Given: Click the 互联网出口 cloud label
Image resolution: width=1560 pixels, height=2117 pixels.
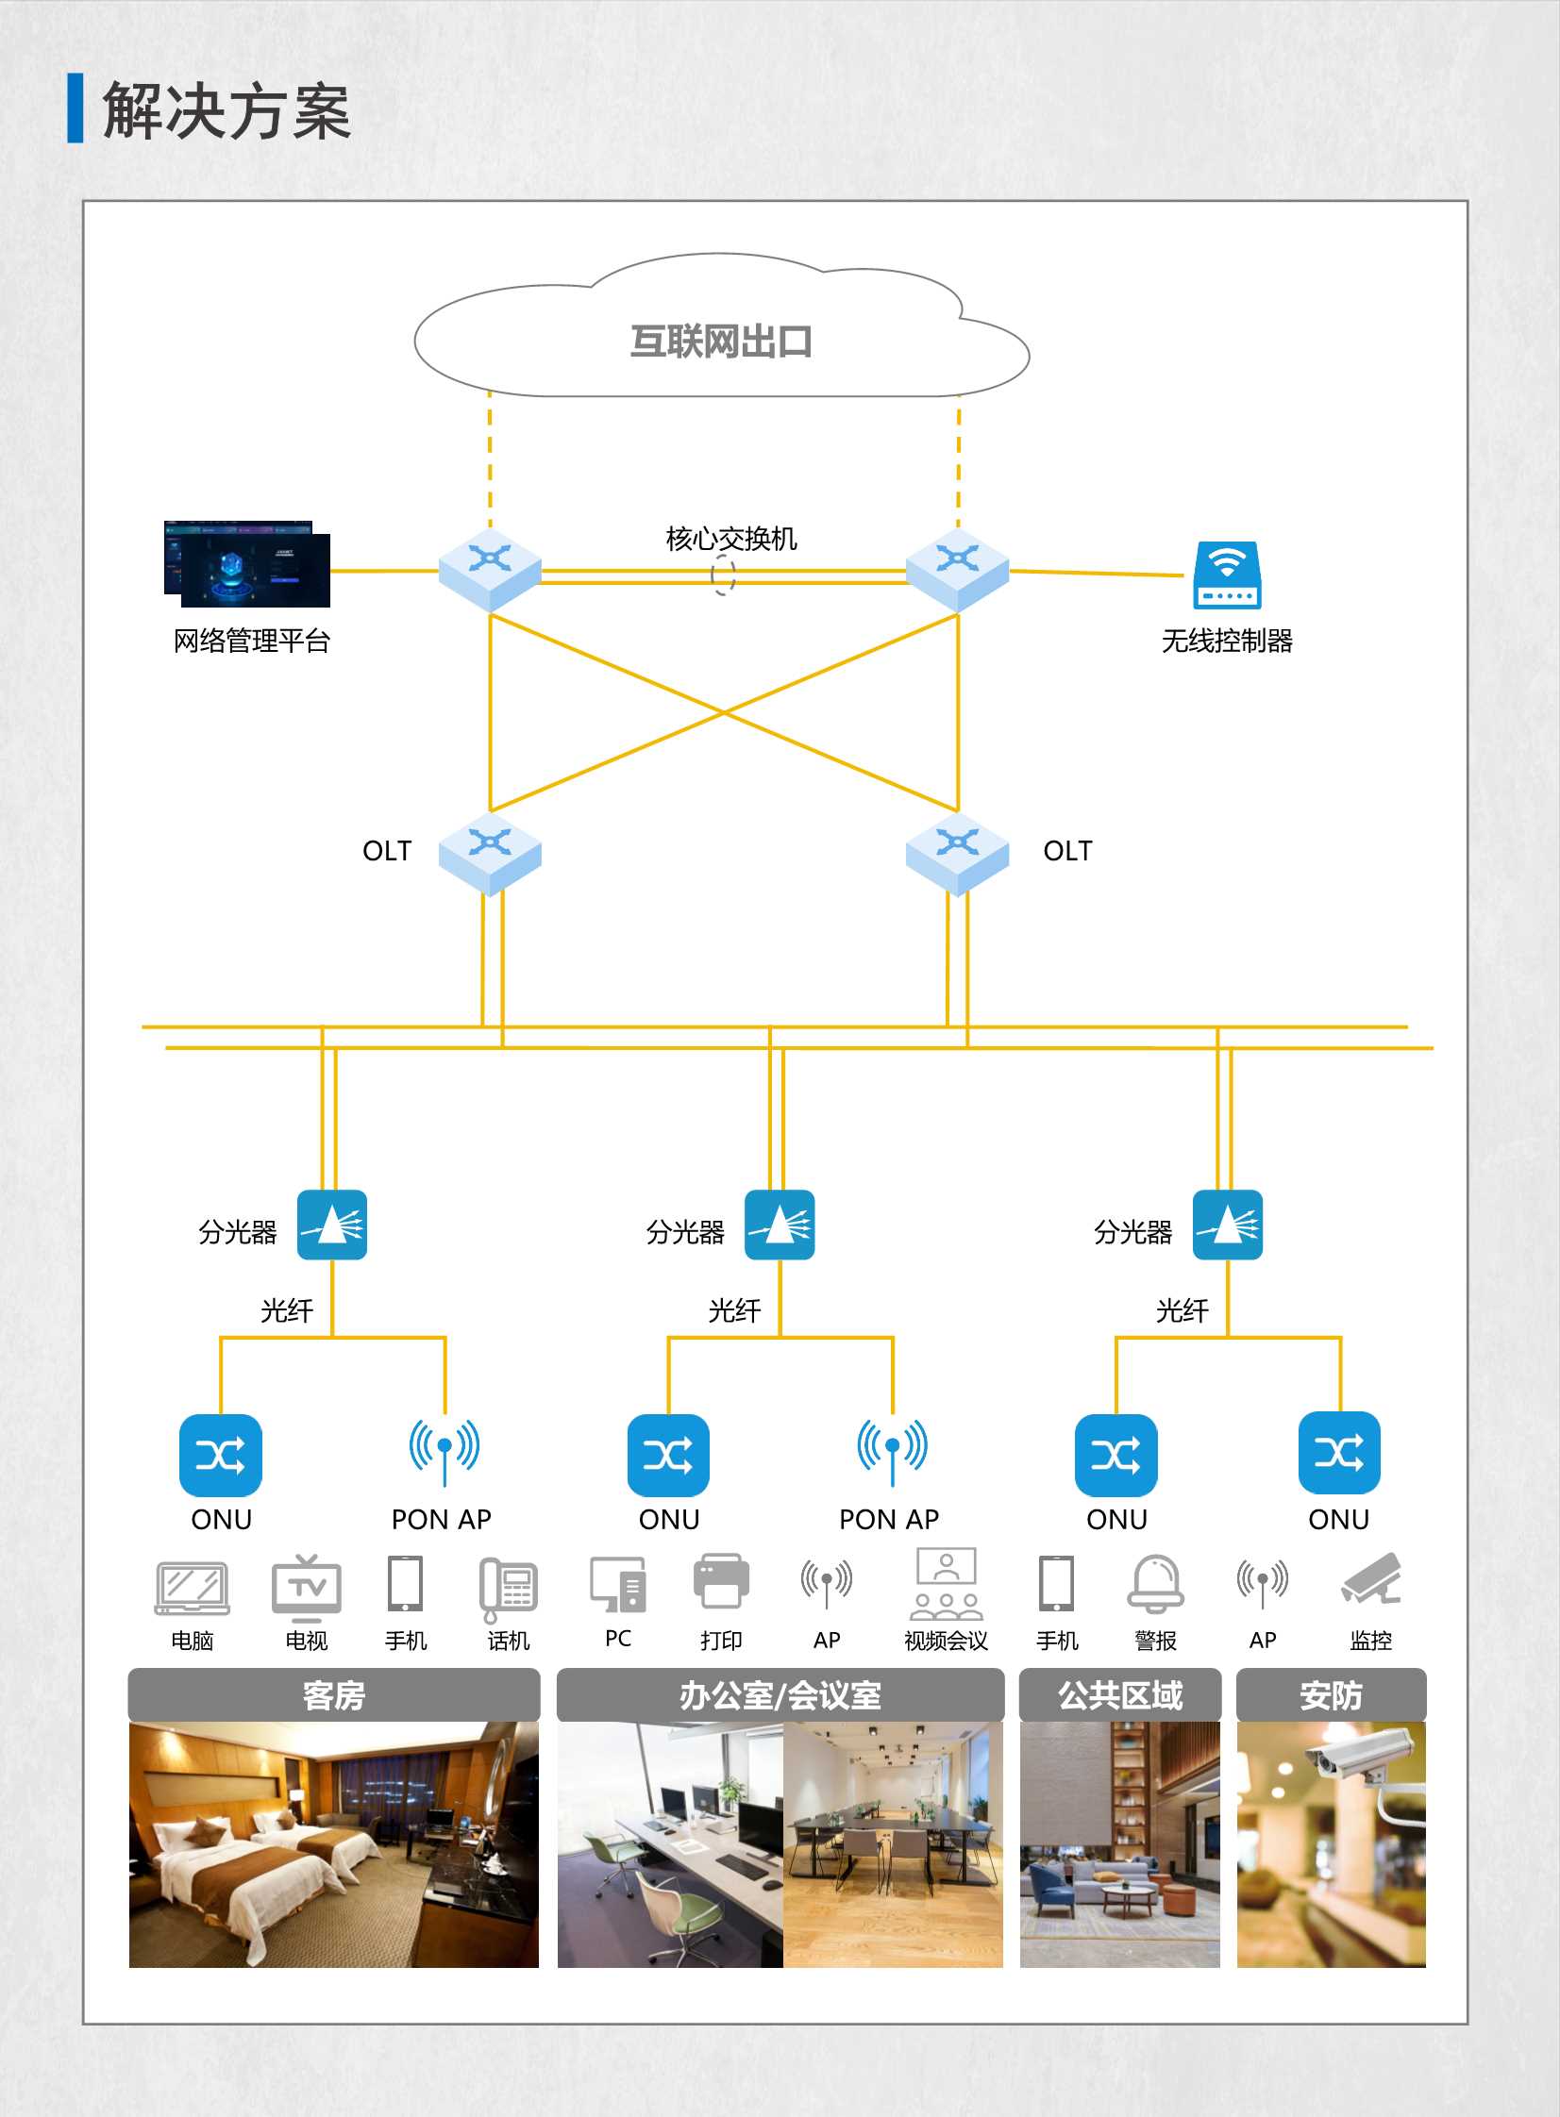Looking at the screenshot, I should tap(721, 342).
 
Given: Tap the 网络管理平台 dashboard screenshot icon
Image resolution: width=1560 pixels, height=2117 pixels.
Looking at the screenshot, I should tap(247, 563).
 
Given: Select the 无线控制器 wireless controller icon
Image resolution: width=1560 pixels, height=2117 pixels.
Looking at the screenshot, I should tap(1227, 574).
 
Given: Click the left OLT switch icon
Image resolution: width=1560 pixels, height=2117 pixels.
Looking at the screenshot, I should tap(490, 852).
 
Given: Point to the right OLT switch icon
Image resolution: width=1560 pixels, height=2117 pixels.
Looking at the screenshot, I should tap(957, 852).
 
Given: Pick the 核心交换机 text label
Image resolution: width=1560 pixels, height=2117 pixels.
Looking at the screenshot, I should tap(730, 539).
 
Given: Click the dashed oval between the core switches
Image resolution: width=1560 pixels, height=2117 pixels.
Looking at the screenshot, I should tap(723, 575).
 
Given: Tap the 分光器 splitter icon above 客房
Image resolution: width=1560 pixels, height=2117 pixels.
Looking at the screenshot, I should tap(332, 1225).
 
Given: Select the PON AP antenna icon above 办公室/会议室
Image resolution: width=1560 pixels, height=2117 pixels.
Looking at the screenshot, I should tap(892, 1450).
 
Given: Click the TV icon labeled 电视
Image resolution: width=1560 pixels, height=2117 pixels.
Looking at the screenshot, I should tap(306, 1585).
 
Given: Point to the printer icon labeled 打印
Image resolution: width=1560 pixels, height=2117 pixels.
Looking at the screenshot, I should tap(721, 1582).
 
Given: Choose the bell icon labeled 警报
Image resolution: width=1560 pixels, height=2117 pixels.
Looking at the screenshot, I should tap(1156, 1584).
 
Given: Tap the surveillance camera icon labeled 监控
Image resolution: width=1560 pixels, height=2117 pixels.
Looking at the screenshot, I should tap(1372, 1578).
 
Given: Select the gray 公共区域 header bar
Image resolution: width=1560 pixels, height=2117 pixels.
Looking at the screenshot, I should tap(1120, 1695).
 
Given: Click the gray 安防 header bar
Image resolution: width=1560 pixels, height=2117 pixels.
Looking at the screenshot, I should tap(1331, 1695).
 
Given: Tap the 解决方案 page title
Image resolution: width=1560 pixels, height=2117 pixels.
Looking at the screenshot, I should tap(226, 110).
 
